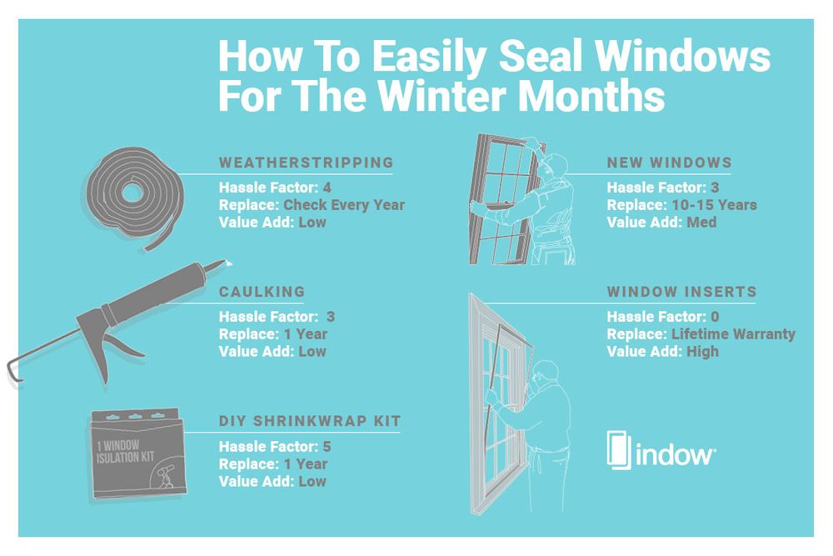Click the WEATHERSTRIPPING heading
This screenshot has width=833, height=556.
click(306, 162)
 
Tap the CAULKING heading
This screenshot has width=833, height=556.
click(262, 292)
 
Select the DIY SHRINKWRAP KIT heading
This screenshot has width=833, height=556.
click(310, 422)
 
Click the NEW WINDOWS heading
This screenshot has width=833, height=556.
click(669, 162)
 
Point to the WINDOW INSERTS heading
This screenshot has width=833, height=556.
click(681, 292)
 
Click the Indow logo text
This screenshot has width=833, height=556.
click(674, 454)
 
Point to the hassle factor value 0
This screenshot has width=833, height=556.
click(713, 316)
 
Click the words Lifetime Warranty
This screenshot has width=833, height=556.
click(733, 334)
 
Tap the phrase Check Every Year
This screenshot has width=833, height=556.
click(344, 204)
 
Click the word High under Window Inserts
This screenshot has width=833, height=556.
click(702, 352)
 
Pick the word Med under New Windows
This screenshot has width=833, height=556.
click(701, 222)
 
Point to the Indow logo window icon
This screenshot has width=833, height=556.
click(618, 450)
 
